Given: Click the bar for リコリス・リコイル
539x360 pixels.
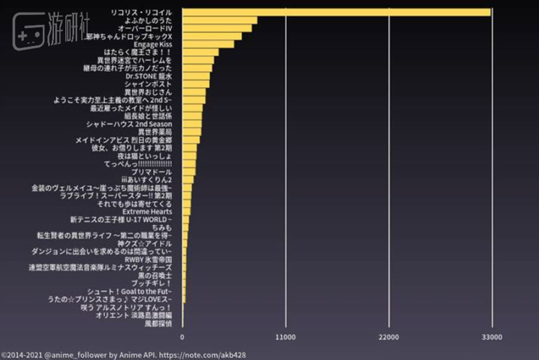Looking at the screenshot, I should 336,12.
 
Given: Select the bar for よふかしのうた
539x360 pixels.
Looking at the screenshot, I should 220,20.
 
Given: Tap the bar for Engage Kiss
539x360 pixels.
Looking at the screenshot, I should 208,44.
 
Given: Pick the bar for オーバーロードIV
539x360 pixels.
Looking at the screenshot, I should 217,28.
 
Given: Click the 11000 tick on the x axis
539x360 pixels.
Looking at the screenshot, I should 285,336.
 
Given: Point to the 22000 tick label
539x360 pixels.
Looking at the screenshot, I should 389,336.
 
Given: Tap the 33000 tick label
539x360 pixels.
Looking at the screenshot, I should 492,336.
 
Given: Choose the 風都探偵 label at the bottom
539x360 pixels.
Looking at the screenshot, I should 158,323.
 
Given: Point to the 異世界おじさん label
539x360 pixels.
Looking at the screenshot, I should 148,92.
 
